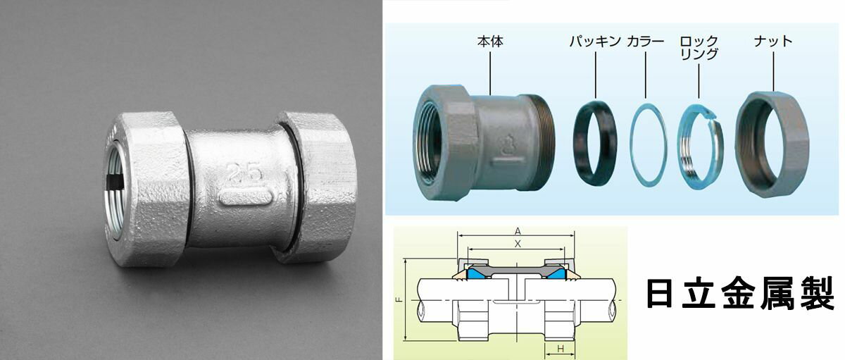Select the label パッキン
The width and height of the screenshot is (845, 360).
(x=595, y=41)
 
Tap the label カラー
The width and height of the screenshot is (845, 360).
(x=645, y=41)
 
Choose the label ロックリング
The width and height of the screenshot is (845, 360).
(x=699, y=47)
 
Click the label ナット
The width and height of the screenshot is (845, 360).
(x=772, y=41)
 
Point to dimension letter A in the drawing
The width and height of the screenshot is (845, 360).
(x=518, y=231)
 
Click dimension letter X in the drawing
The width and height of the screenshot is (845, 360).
(x=518, y=243)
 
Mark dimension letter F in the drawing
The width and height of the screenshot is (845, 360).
(x=400, y=300)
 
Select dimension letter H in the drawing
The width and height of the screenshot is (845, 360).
(x=560, y=349)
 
